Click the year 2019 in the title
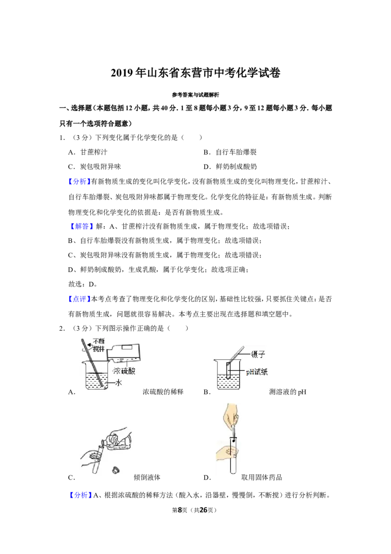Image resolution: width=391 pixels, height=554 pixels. tap(122, 73)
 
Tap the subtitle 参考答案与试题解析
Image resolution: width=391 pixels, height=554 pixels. tap(195, 94)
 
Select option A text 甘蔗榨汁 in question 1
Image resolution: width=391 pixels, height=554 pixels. tap(94, 152)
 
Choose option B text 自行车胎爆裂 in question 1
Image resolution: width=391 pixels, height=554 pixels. tap(236, 152)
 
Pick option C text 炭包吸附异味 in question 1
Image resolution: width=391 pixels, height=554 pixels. tap(101, 167)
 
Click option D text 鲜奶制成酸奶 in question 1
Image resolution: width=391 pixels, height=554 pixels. tap(236, 167)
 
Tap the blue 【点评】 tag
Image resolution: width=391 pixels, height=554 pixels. tap(79, 299)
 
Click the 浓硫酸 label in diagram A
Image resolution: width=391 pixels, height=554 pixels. tap(124, 371)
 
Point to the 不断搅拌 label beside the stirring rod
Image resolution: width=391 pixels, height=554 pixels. tap(99, 345)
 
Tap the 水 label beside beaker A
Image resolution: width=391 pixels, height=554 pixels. tap(119, 382)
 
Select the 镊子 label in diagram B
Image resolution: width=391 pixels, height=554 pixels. tap(258, 354)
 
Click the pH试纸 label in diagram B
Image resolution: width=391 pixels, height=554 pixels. tap(257, 371)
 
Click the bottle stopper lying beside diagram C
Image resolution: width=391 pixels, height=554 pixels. tap(115, 470)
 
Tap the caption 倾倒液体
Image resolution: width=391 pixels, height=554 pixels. tap(147, 477)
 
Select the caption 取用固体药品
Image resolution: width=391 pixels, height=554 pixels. tap(261, 477)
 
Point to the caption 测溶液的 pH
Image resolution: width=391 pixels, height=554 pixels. tap(287, 392)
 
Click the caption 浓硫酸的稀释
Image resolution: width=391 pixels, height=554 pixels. tap(163, 392)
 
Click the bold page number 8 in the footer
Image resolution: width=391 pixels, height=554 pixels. tap(180, 510)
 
